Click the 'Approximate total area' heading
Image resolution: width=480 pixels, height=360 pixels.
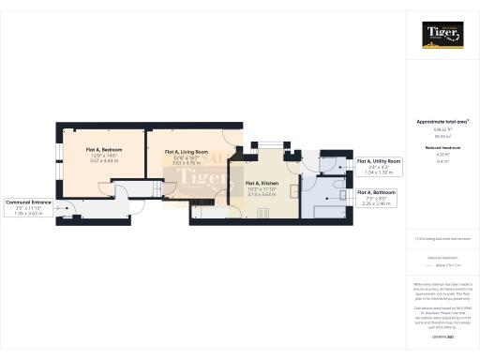coord(442,121)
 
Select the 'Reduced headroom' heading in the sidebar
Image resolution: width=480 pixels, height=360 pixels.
coord(442,147)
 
